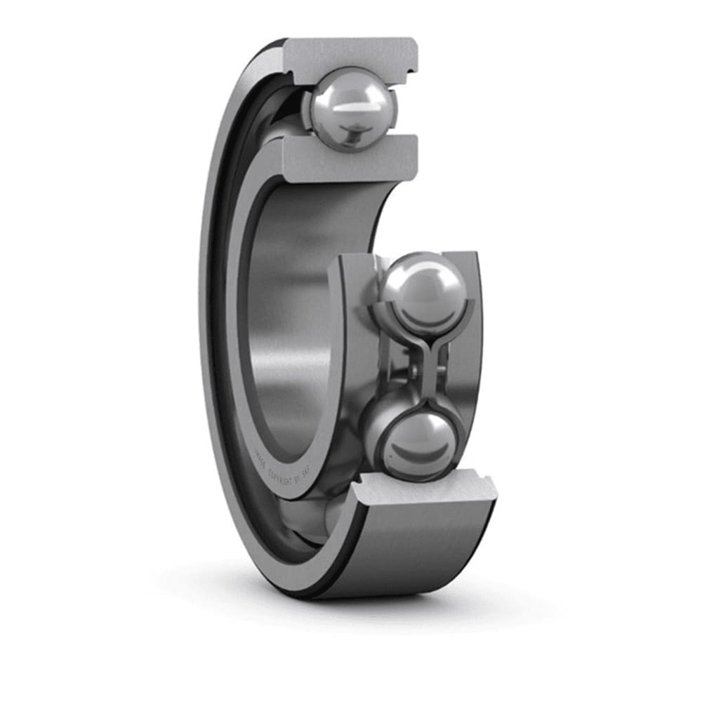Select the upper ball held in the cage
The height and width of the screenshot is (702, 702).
[423, 291]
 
